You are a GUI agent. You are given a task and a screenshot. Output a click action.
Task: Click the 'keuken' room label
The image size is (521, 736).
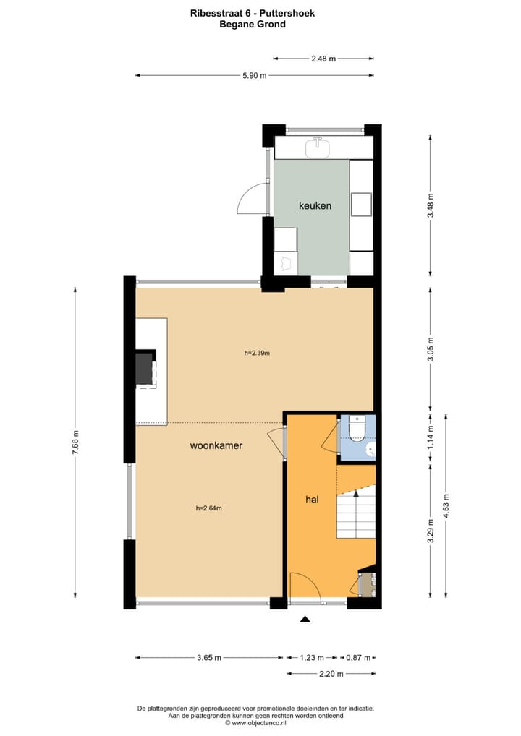(315, 206)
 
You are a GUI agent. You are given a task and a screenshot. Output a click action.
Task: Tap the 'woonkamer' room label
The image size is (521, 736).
(216, 446)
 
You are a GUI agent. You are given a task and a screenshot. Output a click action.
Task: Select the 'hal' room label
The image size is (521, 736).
(312, 499)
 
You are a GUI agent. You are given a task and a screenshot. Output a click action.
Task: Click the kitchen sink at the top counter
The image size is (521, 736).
(317, 148)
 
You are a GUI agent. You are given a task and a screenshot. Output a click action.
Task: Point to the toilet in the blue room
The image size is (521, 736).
(356, 430)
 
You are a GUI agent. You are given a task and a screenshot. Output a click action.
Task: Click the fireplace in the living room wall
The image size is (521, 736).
(145, 369)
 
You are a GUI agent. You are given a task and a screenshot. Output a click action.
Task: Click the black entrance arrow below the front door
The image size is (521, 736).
(305, 619)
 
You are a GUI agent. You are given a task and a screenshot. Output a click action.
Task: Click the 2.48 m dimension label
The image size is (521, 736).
(323, 59)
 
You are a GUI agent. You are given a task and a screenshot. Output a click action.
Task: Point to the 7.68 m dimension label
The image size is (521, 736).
(75, 442)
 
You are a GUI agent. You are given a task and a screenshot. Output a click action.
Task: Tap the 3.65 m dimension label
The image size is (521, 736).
(208, 657)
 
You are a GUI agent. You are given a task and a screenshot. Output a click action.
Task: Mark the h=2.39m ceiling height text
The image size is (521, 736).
(256, 354)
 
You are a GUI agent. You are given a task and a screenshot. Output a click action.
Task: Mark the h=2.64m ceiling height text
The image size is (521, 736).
(208, 508)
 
